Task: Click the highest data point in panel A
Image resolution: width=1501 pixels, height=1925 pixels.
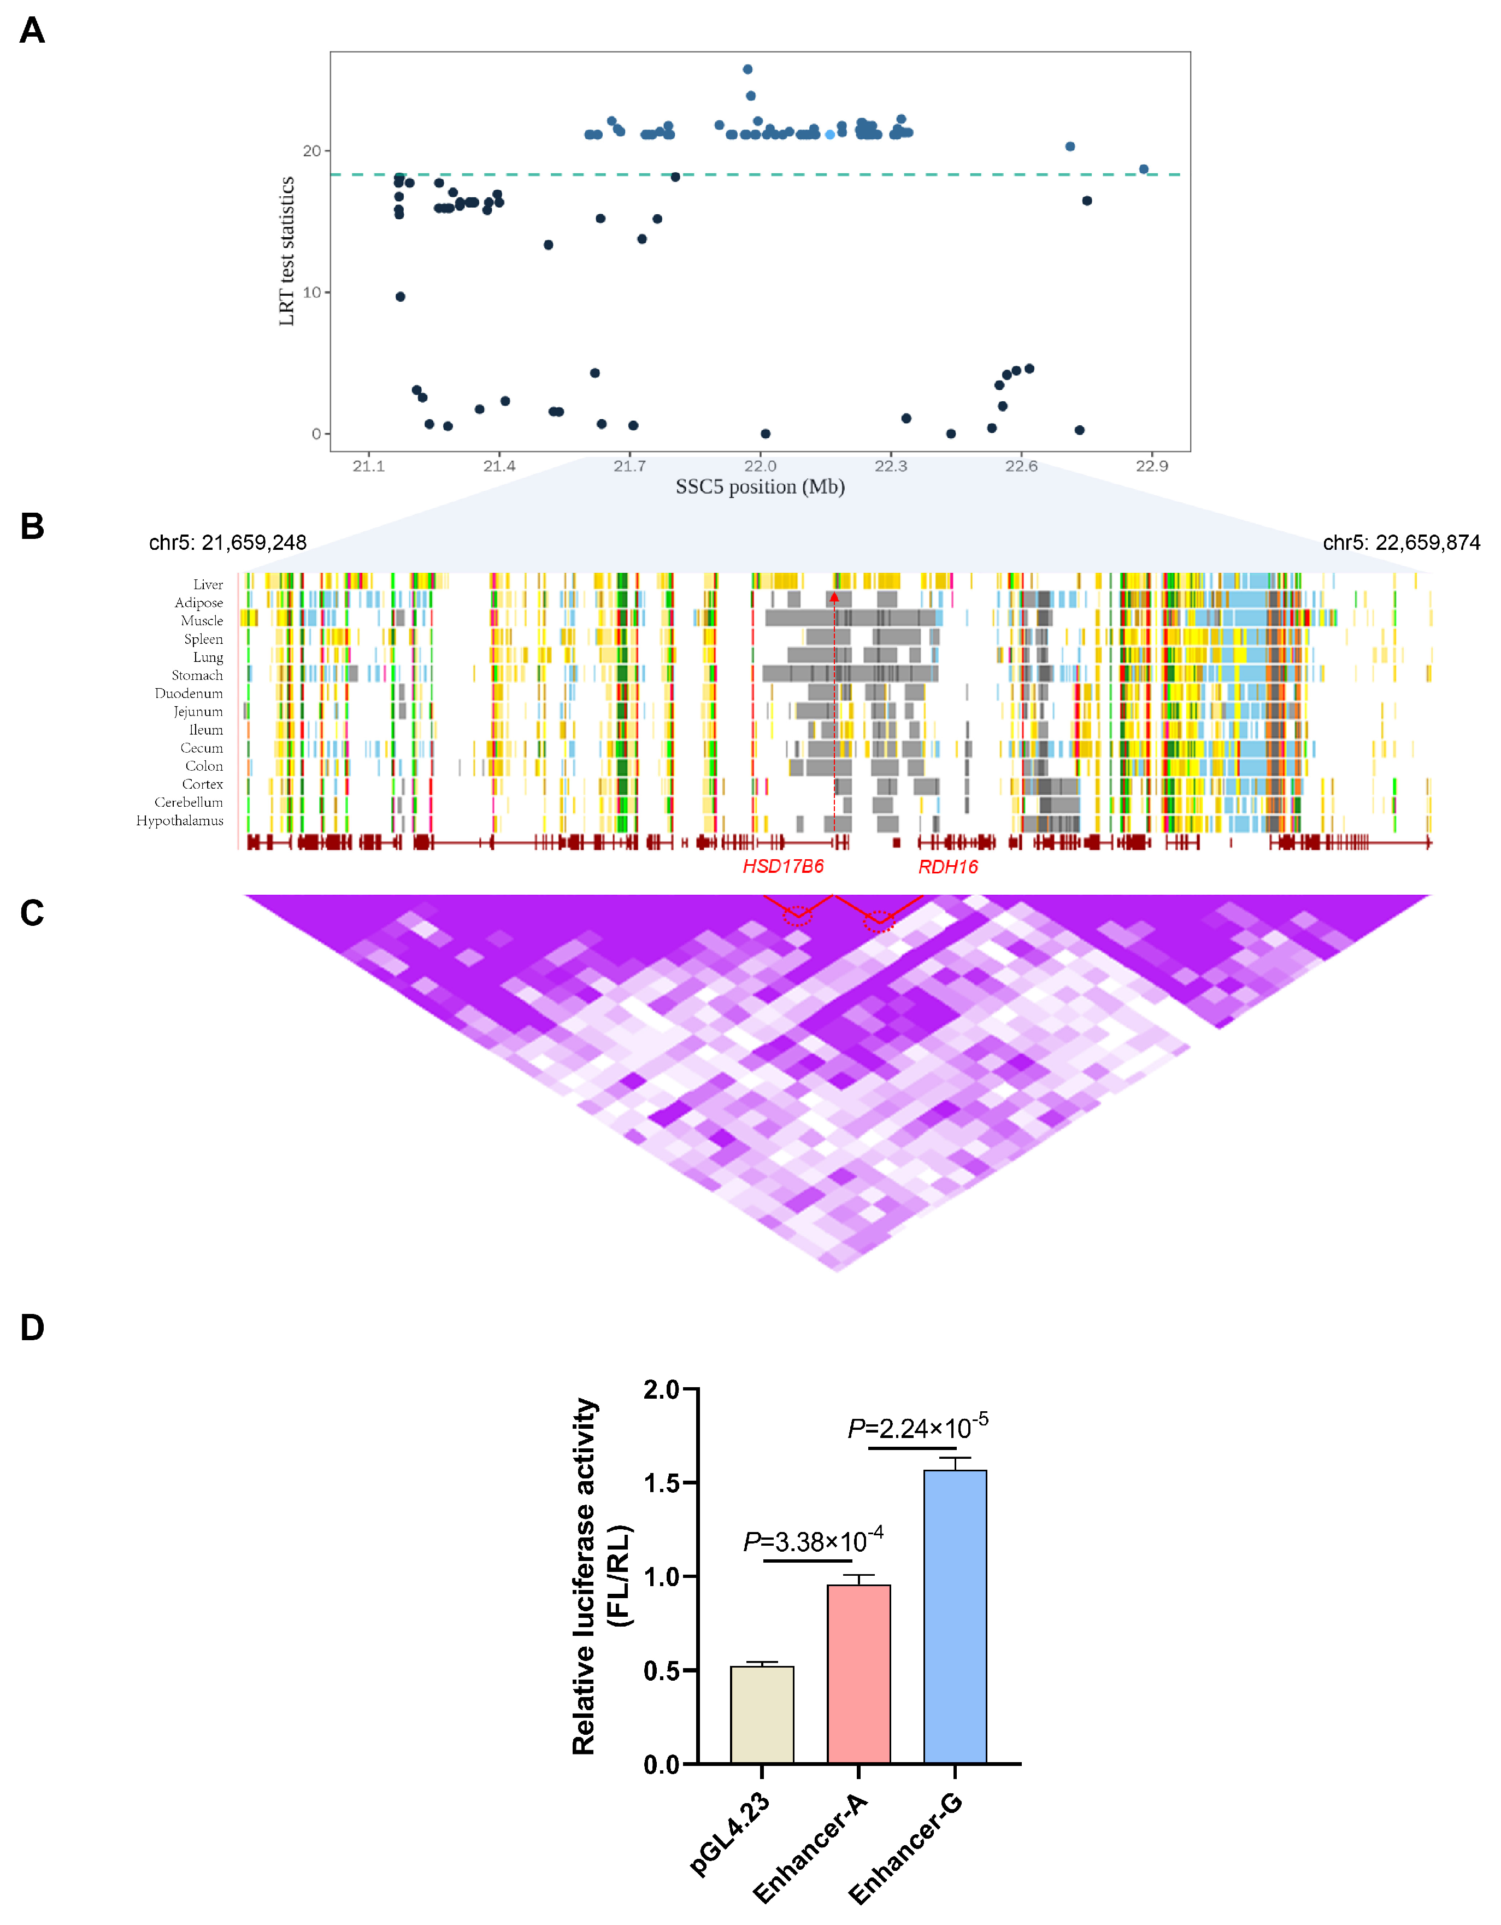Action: click(747, 69)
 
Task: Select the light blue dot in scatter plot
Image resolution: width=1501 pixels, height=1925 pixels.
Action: click(829, 135)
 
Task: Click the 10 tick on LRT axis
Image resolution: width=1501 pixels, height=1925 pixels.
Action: click(312, 292)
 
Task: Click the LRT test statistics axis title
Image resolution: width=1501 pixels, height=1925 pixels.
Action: click(286, 251)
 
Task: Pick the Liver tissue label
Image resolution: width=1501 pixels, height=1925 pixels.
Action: click(208, 584)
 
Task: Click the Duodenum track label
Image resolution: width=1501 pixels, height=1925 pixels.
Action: click(189, 694)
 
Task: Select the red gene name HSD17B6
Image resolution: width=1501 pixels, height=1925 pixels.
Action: click(782, 866)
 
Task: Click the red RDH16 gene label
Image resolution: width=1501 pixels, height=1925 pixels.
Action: click(947, 866)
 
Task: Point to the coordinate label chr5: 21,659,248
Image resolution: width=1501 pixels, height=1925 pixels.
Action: click(227, 543)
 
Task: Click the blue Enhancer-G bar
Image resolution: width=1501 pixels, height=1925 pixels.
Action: click(955, 1617)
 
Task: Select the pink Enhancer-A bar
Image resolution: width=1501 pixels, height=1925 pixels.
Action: click(858, 1675)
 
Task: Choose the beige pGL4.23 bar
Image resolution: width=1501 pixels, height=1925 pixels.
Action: click(762, 1715)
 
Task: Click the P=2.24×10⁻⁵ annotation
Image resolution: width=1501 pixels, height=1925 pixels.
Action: click(917, 1427)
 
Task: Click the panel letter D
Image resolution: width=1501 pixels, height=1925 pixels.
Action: click(33, 1328)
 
